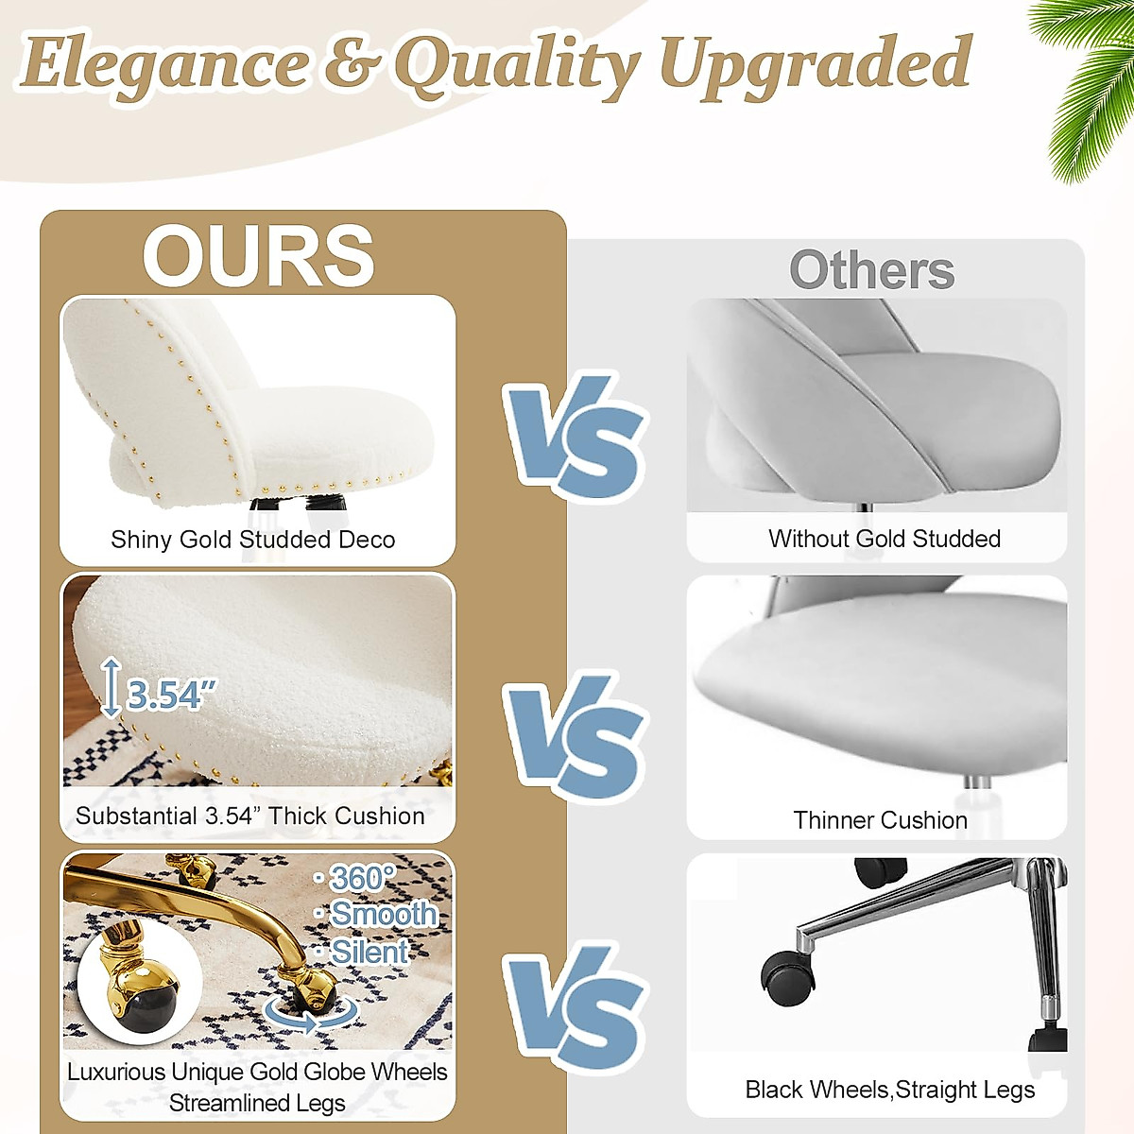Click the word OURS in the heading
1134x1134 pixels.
258,256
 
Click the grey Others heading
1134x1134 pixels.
871,270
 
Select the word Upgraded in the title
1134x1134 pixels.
815,64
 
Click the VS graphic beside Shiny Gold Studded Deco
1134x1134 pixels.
575,437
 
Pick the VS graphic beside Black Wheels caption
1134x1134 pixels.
575,1009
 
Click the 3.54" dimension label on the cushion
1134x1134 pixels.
170,696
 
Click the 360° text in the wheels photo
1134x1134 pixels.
361,879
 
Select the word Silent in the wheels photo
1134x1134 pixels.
369,952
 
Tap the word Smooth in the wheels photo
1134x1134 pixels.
383,914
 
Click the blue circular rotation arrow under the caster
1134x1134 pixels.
312,1015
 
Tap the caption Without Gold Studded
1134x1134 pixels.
884,539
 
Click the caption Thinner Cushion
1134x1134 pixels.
880,820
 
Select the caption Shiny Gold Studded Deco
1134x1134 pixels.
252,540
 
